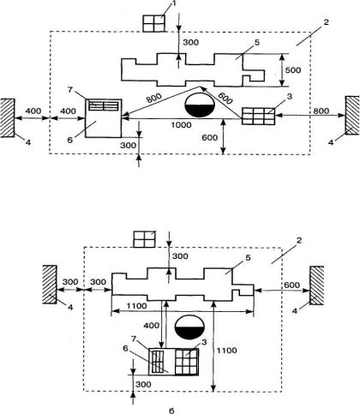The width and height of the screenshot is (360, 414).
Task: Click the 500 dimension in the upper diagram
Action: point(293,70)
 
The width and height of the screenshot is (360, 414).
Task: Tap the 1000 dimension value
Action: point(181,125)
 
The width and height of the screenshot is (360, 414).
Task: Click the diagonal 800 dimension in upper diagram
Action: point(154,99)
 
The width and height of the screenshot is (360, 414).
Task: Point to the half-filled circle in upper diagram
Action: point(201,105)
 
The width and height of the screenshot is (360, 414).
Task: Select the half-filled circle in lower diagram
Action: point(189,327)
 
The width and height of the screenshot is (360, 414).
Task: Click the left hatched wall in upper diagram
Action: point(8,118)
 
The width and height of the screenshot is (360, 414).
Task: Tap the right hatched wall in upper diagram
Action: point(352,116)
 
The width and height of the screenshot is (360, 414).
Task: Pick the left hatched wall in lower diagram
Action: point(50,285)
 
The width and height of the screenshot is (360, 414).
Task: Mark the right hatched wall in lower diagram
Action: point(317,285)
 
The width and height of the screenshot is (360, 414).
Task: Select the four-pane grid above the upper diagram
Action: point(154,23)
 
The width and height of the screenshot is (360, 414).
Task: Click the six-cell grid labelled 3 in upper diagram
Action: point(258,116)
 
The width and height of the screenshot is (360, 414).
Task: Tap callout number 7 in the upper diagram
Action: point(70,90)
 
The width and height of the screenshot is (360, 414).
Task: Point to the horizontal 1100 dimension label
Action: point(137,306)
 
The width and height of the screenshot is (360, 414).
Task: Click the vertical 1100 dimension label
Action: point(226,351)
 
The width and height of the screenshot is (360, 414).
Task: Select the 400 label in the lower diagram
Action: point(152,326)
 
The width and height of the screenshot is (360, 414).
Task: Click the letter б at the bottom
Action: point(171,411)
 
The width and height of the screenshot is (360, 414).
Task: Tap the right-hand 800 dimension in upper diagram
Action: point(321,111)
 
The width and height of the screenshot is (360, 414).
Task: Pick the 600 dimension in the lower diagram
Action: point(292,285)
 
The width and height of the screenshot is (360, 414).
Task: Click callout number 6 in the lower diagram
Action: point(125,348)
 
